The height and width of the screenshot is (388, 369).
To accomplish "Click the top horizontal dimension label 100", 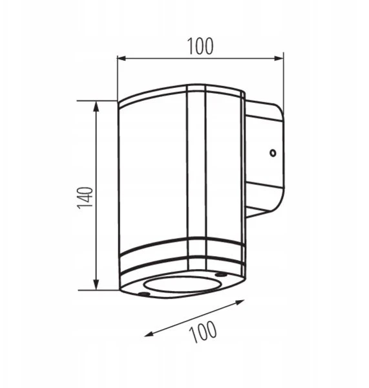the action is (x=200, y=47).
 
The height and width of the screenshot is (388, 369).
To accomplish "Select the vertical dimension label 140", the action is (x=85, y=198).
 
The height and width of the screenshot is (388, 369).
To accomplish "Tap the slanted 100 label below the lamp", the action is (x=203, y=332).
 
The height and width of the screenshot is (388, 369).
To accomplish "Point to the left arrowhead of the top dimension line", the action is (x=122, y=58).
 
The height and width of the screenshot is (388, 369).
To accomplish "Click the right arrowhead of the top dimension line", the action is (x=279, y=58).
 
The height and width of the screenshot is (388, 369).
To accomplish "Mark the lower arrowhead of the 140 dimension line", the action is (x=96, y=285).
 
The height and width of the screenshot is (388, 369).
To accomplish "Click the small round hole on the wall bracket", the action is (x=273, y=153).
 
